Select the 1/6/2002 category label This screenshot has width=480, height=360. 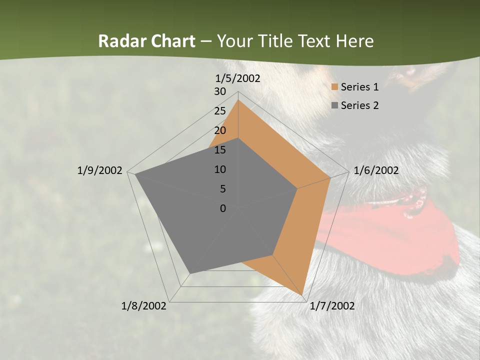point(376,170)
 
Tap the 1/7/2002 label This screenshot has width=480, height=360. point(332,306)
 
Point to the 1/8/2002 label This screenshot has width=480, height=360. point(144,306)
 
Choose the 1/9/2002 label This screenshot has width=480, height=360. point(99,170)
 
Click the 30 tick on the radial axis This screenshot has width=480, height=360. point(220,91)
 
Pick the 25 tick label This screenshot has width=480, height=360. point(220,111)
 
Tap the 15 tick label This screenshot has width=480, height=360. point(220,150)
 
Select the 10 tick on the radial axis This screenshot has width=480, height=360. point(220,169)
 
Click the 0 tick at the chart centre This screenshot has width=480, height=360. point(223,208)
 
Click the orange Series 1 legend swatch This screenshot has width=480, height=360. point(334,87)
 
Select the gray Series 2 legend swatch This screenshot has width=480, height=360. point(334,105)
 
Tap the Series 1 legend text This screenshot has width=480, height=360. point(359,87)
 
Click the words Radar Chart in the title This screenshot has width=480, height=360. point(146,41)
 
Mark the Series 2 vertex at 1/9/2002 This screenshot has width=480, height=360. point(135,174)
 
